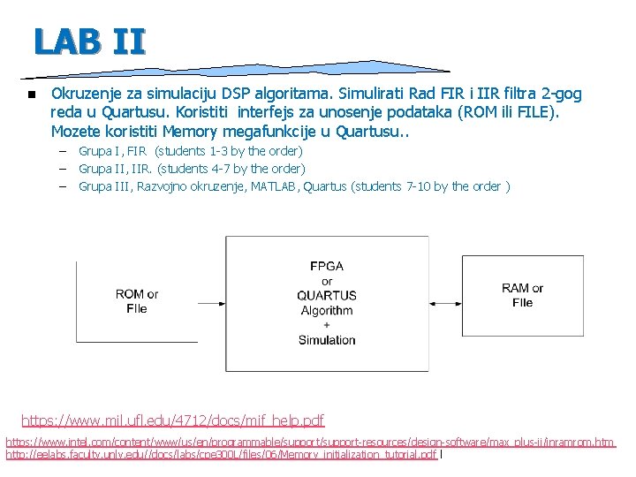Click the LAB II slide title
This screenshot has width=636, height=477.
click(x=89, y=41)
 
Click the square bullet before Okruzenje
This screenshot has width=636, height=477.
click(x=30, y=95)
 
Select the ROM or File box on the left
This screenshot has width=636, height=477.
click(x=137, y=301)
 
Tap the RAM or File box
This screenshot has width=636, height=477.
click(x=522, y=295)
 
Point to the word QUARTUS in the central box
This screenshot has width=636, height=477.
click(x=327, y=295)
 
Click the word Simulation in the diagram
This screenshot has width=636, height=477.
click(x=327, y=340)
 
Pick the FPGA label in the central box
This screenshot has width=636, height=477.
click(x=327, y=266)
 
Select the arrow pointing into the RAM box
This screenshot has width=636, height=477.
click(x=446, y=302)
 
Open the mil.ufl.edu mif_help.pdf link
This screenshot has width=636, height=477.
click(x=172, y=420)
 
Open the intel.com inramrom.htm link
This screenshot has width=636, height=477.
click(x=310, y=441)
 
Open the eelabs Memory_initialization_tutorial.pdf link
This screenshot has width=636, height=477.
click(x=221, y=455)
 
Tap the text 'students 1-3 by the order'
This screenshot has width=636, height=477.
click(x=228, y=151)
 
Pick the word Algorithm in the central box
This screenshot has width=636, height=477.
click(x=327, y=310)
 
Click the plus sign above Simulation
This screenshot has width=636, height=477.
click(x=327, y=325)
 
